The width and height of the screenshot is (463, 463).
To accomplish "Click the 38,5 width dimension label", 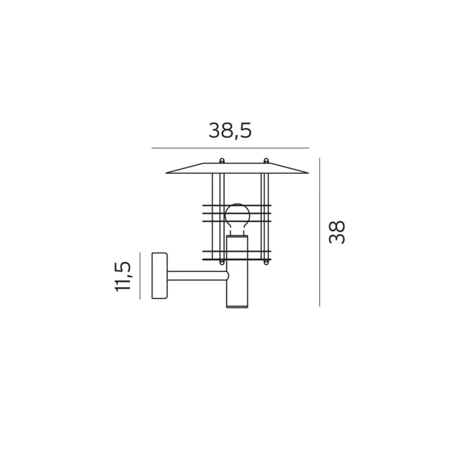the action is [230, 131].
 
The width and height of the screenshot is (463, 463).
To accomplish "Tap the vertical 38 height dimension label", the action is [337, 232].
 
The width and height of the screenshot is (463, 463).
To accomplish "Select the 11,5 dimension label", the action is [123, 277].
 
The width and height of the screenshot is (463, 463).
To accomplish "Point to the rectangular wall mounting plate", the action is [159, 276].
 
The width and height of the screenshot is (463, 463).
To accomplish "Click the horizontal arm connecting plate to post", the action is [198, 276].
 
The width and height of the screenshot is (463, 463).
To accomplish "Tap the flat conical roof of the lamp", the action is [237, 168].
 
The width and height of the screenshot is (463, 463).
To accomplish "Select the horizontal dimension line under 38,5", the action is [230, 148].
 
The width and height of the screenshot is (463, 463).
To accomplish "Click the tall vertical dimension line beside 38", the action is [319, 232].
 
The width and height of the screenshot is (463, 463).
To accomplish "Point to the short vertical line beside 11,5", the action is [140, 276].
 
